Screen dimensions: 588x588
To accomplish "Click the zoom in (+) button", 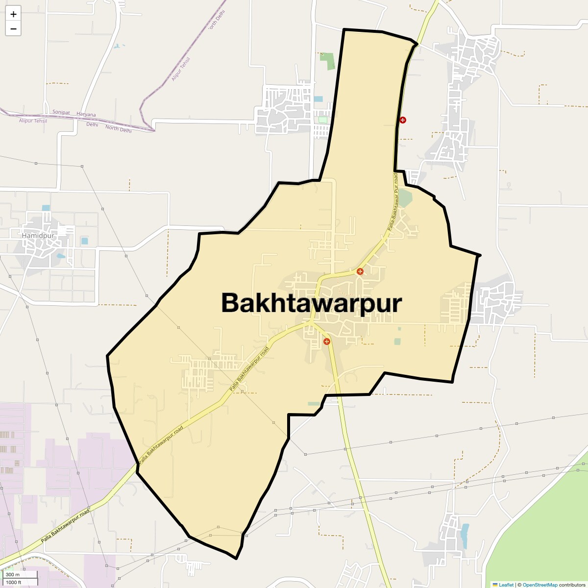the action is (x=13, y=14).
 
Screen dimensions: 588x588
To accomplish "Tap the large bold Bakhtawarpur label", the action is (x=312, y=303).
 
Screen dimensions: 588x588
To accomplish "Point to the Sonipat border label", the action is (x=62, y=112).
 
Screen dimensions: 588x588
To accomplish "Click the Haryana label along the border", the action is (x=86, y=115).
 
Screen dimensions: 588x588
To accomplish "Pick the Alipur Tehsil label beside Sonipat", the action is (x=33, y=121).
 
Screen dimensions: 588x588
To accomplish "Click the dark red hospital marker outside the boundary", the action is (x=403, y=120).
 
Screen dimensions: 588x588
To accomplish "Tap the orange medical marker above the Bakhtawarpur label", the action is (x=360, y=271).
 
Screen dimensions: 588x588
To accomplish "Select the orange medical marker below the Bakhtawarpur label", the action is (x=327, y=342).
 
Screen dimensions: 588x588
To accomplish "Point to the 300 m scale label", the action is (x=13, y=574).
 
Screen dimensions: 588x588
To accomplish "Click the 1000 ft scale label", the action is (x=14, y=582).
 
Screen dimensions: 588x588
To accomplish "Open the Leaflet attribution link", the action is (x=506, y=585).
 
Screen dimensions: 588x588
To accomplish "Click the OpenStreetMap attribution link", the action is (x=540, y=585).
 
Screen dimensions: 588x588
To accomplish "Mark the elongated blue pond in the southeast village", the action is (x=464, y=536).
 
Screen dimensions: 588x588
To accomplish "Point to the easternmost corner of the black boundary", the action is (x=480, y=255).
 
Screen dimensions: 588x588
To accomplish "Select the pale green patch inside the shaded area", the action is (x=405, y=198).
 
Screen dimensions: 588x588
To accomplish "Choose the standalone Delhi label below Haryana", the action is (x=92, y=124).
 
